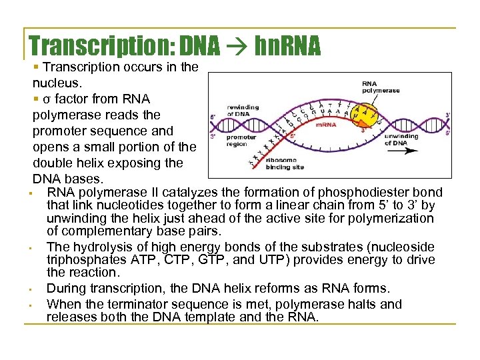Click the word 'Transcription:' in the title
click(99, 45)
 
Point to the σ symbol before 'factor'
click(45, 99)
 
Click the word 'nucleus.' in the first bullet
click(57, 83)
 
